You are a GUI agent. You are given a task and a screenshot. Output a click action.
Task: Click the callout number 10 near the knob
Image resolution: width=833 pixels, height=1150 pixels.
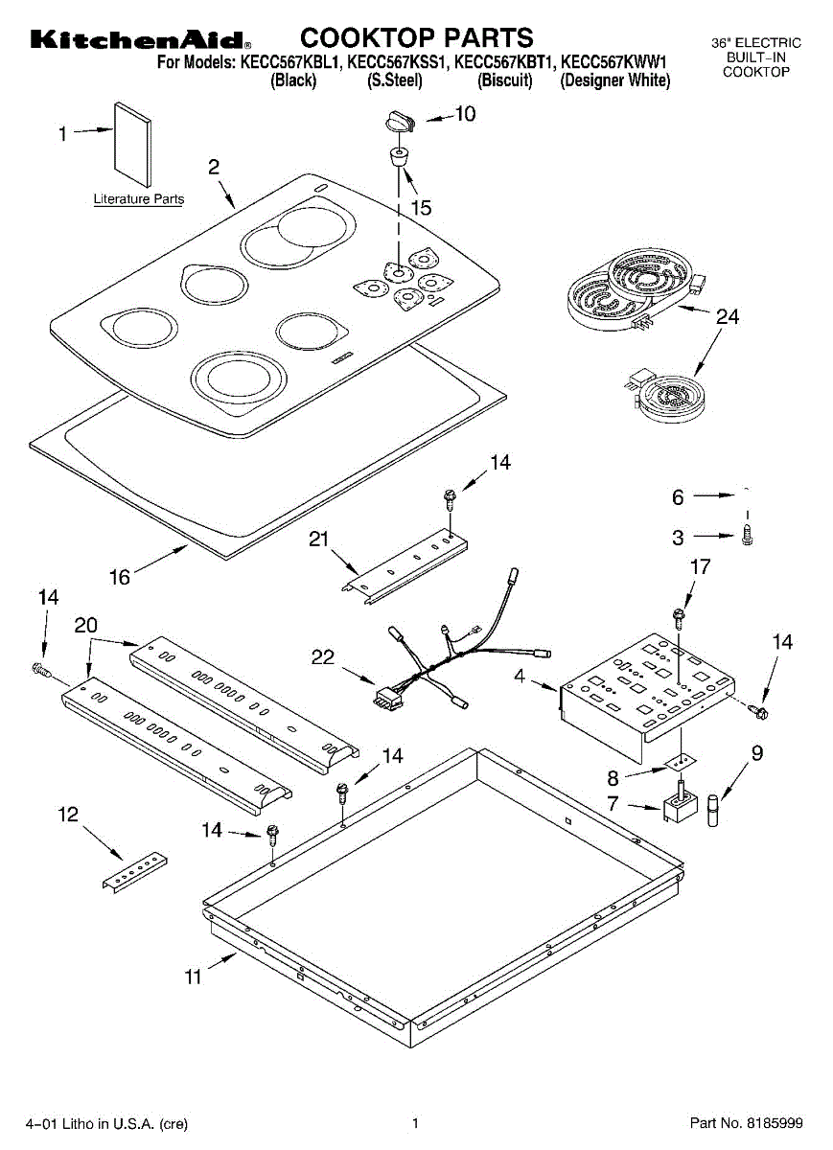pyautogui.click(x=464, y=114)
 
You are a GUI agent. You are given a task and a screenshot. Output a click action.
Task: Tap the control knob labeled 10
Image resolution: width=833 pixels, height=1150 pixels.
pyautogui.click(x=396, y=121)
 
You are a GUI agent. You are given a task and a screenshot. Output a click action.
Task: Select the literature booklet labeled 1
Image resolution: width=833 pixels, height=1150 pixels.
pyautogui.click(x=133, y=144)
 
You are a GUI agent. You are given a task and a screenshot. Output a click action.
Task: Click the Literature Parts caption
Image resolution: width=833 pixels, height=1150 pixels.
pyautogui.click(x=138, y=199)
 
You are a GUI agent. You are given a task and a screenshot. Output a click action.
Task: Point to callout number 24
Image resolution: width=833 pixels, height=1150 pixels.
pyautogui.click(x=729, y=317)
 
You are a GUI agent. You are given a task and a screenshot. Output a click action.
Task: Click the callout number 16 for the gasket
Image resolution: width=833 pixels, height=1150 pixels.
pyautogui.click(x=119, y=577)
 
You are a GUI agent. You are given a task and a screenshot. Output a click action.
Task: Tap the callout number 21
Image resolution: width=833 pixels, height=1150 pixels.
pyautogui.click(x=319, y=540)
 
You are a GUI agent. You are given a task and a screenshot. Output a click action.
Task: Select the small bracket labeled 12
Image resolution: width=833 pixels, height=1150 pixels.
pyautogui.click(x=134, y=871)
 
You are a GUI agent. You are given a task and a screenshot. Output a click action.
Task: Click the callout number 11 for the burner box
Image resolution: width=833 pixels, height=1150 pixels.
pyautogui.click(x=194, y=977)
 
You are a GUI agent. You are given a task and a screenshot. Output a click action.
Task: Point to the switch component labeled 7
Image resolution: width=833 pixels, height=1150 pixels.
pyautogui.click(x=681, y=807)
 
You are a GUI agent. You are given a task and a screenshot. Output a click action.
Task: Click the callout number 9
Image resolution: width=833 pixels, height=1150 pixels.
pyautogui.click(x=757, y=753)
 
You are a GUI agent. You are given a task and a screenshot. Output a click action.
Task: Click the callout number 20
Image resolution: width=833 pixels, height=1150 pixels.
pyautogui.click(x=86, y=625)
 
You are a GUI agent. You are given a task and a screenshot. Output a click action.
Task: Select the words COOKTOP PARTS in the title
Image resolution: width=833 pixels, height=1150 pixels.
pyautogui.click(x=417, y=37)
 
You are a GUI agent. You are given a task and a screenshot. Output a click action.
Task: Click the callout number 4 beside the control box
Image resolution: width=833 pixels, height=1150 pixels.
pyautogui.click(x=519, y=677)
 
